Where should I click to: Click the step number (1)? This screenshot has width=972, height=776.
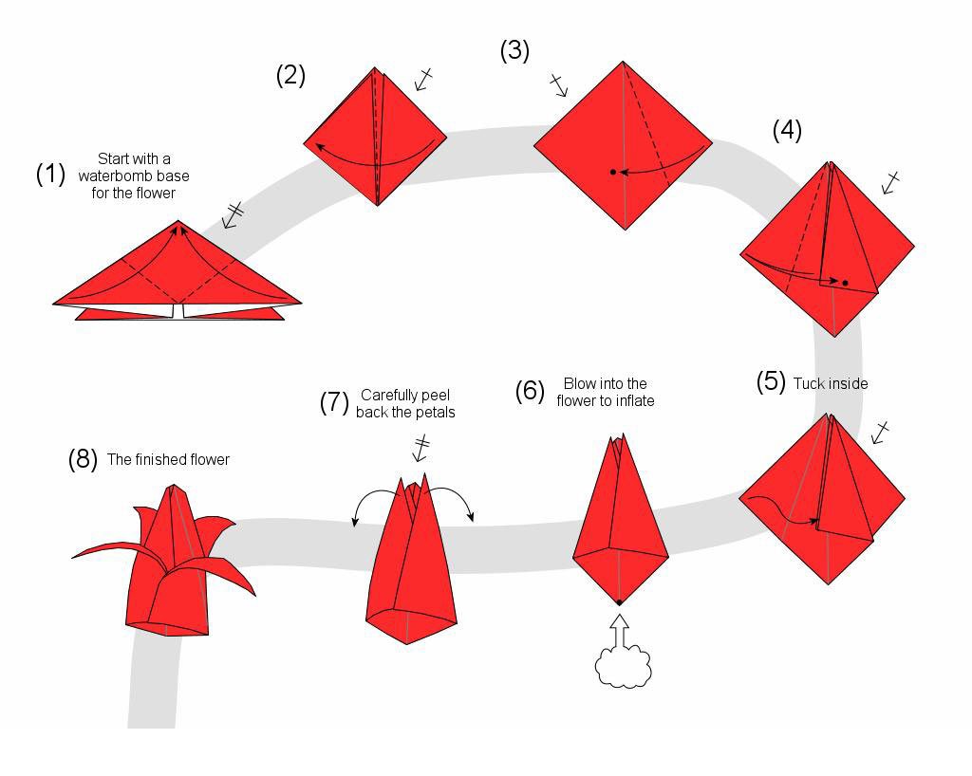[x=50, y=175]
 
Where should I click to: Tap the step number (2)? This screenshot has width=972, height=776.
[x=290, y=75]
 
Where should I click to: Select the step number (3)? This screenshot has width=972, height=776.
[x=514, y=50]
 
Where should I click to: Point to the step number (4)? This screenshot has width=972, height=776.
[x=787, y=130]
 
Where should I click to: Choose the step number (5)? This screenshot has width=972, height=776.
[x=771, y=382]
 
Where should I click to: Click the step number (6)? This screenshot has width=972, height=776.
[x=530, y=391]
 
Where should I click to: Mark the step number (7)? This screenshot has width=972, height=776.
[x=334, y=402]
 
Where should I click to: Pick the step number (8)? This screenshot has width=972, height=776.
[x=83, y=459]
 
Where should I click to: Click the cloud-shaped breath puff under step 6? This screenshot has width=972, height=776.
[x=624, y=667]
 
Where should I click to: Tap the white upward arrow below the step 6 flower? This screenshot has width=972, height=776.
[x=619, y=630]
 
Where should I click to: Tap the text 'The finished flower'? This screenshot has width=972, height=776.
[x=168, y=459]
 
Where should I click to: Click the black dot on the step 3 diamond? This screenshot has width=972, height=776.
[x=613, y=172]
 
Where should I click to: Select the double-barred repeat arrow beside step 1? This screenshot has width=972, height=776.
[x=232, y=214]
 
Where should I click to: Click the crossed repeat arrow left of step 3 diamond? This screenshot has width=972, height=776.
[x=558, y=85]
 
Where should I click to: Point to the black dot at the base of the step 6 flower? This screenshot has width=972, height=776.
[x=619, y=602]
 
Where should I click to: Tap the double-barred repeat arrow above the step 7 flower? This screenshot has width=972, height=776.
[x=421, y=447]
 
